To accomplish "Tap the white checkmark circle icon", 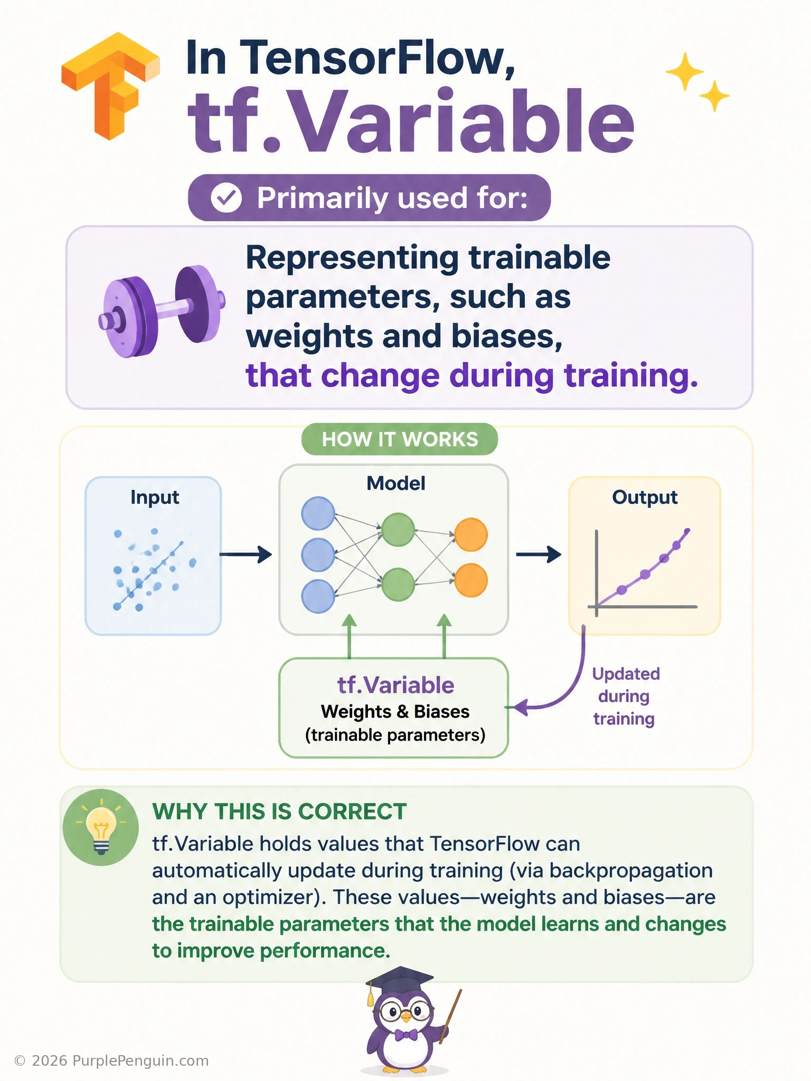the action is [227, 198].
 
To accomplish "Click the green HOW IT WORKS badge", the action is [400, 439].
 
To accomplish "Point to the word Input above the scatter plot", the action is [155, 497].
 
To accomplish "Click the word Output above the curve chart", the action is [645, 497].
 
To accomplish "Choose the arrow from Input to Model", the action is [246, 554].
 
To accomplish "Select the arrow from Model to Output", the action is [539, 554].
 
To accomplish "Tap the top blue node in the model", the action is [318, 513].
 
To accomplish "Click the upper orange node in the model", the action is [471, 535].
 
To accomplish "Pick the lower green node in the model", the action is [398, 584].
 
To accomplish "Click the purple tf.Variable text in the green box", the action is [395, 685].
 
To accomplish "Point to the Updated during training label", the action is [625, 696].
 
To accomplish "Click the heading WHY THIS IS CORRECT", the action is [279, 811].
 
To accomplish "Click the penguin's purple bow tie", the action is [405, 1034].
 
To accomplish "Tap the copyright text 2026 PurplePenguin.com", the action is [111, 1061].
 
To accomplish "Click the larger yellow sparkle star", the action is [685, 72].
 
